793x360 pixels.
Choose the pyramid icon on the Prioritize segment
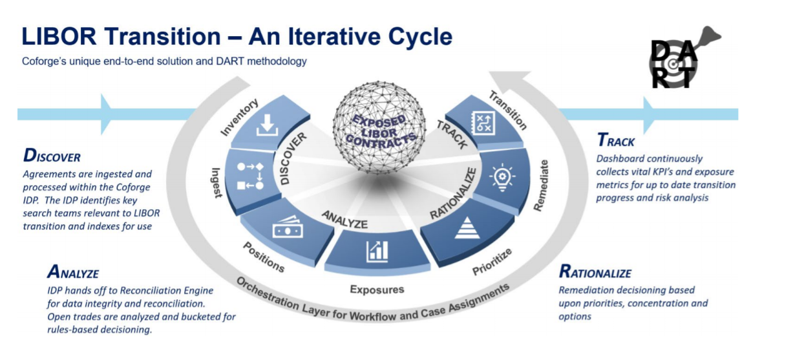point(467,228)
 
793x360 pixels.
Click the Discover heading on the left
point(52,156)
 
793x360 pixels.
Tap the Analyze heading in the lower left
point(72,272)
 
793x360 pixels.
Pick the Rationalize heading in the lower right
point(595,272)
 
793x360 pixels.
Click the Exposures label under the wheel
point(377,289)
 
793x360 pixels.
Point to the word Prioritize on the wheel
point(492,260)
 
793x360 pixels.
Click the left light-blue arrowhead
point(107,113)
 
